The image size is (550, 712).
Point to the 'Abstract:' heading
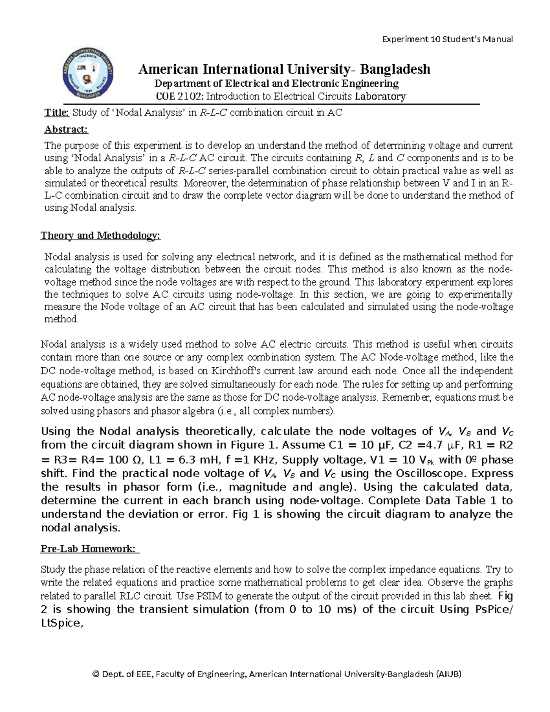point(66,129)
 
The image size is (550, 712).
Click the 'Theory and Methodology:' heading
point(101,236)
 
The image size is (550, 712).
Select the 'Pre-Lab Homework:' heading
point(90,549)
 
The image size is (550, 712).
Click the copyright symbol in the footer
point(95,674)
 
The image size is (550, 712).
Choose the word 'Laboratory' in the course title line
point(383,96)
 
